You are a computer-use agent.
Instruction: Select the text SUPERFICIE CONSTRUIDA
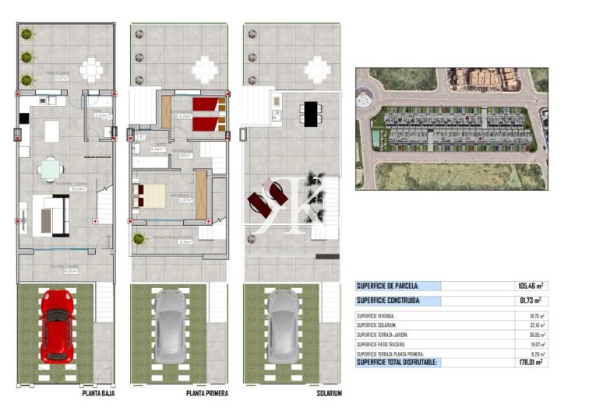pyautogui.click(x=390, y=300)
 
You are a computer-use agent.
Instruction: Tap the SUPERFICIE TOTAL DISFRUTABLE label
pyautogui.click(x=397, y=362)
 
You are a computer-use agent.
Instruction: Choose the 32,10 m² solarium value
pyautogui.click(x=536, y=325)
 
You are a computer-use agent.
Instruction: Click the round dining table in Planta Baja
pyautogui.click(x=51, y=168)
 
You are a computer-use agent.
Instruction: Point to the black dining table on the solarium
pyautogui.click(x=312, y=114)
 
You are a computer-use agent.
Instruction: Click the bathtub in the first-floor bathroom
pyautogui.click(x=151, y=162)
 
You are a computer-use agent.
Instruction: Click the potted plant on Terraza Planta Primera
pyautogui.click(x=139, y=238)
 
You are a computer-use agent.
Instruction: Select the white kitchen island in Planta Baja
pyautogui.click(x=51, y=132)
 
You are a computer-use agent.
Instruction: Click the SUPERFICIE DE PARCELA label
pyautogui.click(x=387, y=286)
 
